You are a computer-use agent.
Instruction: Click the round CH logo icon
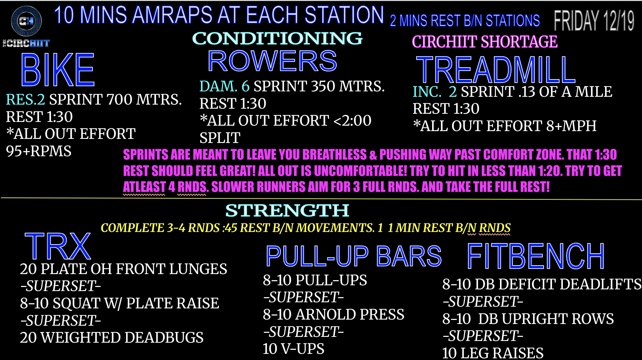[x=26, y=21]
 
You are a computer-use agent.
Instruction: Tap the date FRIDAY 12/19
[x=594, y=21]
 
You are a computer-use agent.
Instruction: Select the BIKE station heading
[x=57, y=70]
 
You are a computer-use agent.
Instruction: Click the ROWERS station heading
[x=272, y=61]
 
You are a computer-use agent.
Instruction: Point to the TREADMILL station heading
[x=496, y=70]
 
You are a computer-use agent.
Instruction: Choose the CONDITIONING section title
[x=277, y=38]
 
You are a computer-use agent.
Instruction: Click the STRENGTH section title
[x=287, y=211]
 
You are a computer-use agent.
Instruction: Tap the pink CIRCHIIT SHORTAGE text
[x=485, y=42]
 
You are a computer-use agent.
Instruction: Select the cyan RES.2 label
[x=25, y=100]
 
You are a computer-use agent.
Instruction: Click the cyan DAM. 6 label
[x=225, y=86]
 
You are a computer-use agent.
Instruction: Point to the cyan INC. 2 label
[x=435, y=92]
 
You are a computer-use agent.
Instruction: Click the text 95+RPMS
[x=39, y=151]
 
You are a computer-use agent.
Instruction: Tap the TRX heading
[x=58, y=246]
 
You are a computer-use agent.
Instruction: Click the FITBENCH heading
[x=536, y=256]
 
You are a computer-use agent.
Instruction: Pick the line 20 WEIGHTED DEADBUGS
[x=112, y=338]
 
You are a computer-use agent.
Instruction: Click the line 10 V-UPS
[x=293, y=349]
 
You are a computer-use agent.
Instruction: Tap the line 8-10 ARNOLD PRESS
[x=334, y=314]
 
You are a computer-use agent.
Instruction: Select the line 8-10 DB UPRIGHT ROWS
[x=528, y=319]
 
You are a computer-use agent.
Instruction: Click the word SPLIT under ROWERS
[x=220, y=138]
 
